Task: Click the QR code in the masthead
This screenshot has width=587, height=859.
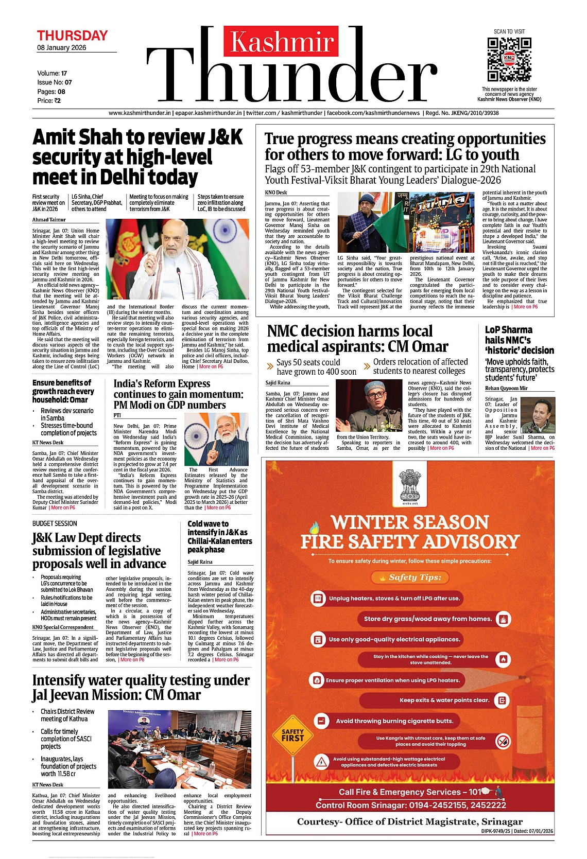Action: click(509, 59)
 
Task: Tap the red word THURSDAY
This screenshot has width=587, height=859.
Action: click(72, 36)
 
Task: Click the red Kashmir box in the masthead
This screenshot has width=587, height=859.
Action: click(281, 41)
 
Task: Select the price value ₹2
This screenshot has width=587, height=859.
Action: click(57, 101)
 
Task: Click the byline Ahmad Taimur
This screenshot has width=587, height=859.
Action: click(49, 220)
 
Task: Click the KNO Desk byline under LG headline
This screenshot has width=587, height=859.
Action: click(276, 192)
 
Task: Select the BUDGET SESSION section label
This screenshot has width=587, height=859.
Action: click(55, 523)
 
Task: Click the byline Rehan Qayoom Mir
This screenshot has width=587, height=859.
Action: click(506, 388)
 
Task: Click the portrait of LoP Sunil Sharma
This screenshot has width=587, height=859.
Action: click(538, 415)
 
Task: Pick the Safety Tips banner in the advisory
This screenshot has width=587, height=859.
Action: click(410, 577)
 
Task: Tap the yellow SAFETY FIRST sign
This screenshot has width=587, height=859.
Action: click(292, 735)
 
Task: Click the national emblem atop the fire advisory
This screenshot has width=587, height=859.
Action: click(410, 487)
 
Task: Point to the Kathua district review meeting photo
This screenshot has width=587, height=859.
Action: click(179, 749)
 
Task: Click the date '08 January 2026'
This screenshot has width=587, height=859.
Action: click(62, 48)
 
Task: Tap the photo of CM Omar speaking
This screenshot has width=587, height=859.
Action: click(369, 406)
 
